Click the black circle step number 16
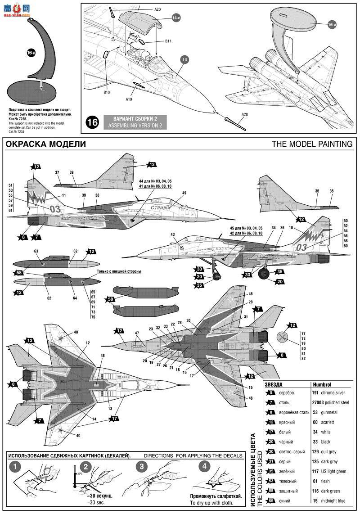[92, 122]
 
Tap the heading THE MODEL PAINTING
[312, 144]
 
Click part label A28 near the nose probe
[244, 114]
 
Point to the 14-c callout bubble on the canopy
[177, 19]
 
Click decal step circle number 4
[205, 466]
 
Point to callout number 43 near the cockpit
[172, 234]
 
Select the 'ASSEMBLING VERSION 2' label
[132, 126]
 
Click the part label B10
[107, 92]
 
